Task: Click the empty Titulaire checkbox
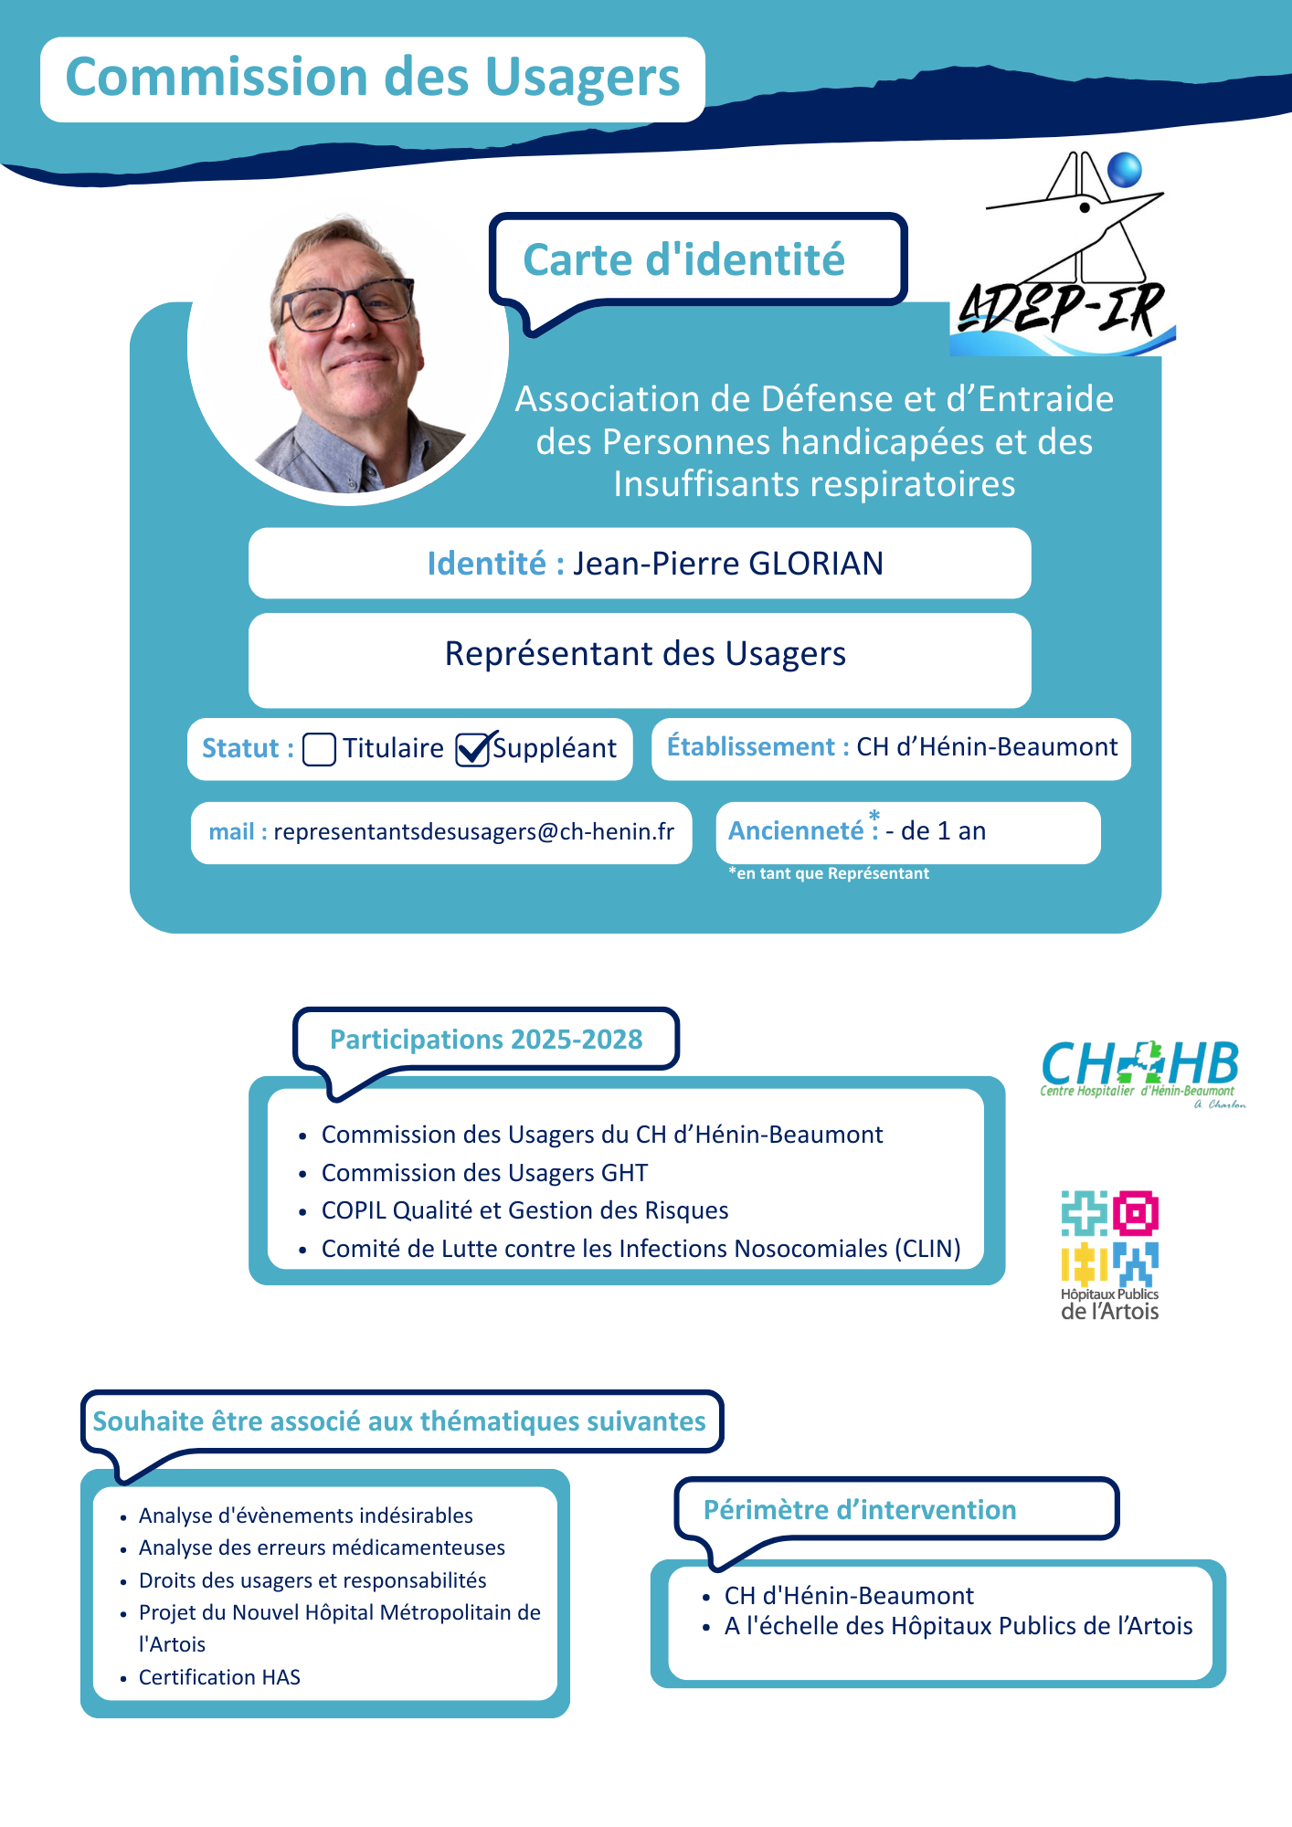[x=319, y=749]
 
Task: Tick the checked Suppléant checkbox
[x=472, y=749]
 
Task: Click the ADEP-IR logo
[x=1064, y=256]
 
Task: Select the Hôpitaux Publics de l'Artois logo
[x=1109, y=1255]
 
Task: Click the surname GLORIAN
[x=816, y=564]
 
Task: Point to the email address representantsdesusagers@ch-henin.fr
[x=473, y=832]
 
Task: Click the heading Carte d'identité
[x=683, y=260]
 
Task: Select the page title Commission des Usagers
[x=373, y=78]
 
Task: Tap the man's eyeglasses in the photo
[x=347, y=304]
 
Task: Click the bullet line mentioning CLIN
[x=641, y=1249]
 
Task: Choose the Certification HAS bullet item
[x=219, y=1677]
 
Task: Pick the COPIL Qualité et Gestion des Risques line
[x=524, y=1210]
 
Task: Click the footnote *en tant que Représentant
[x=829, y=874]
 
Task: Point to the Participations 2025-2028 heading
[x=486, y=1040]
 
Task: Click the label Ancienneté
[x=796, y=831]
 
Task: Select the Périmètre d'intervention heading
[x=859, y=1510]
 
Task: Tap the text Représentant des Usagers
[x=645, y=654]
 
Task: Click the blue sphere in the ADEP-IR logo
[x=1125, y=170]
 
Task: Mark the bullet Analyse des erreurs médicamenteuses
[x=322, y=1548]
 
